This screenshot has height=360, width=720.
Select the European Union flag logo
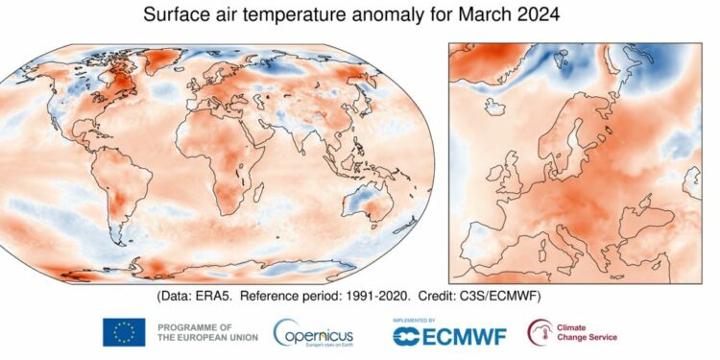tap(124, 332)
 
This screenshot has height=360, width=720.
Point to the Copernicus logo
tap(316, 332)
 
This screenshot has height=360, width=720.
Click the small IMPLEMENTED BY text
tap(415, 319)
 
